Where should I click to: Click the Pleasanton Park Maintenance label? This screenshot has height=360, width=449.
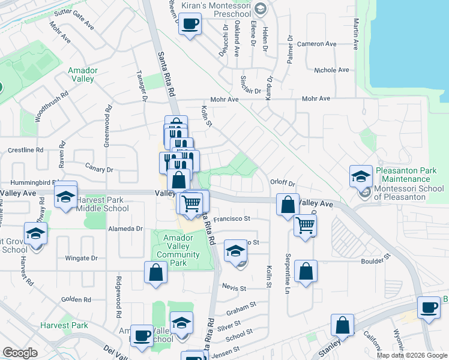[406, 175]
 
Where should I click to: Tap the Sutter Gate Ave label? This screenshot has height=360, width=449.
[74, 20]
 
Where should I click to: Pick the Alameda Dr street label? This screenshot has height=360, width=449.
[125, 229]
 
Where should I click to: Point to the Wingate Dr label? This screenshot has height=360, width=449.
[81, 259]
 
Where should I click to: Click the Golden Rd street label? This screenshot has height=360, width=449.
[76, 299]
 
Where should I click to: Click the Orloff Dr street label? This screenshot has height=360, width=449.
[283, 184]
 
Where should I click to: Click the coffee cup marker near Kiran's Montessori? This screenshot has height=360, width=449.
[190, 25]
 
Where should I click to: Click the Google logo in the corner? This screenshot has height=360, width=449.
[20, 353]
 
